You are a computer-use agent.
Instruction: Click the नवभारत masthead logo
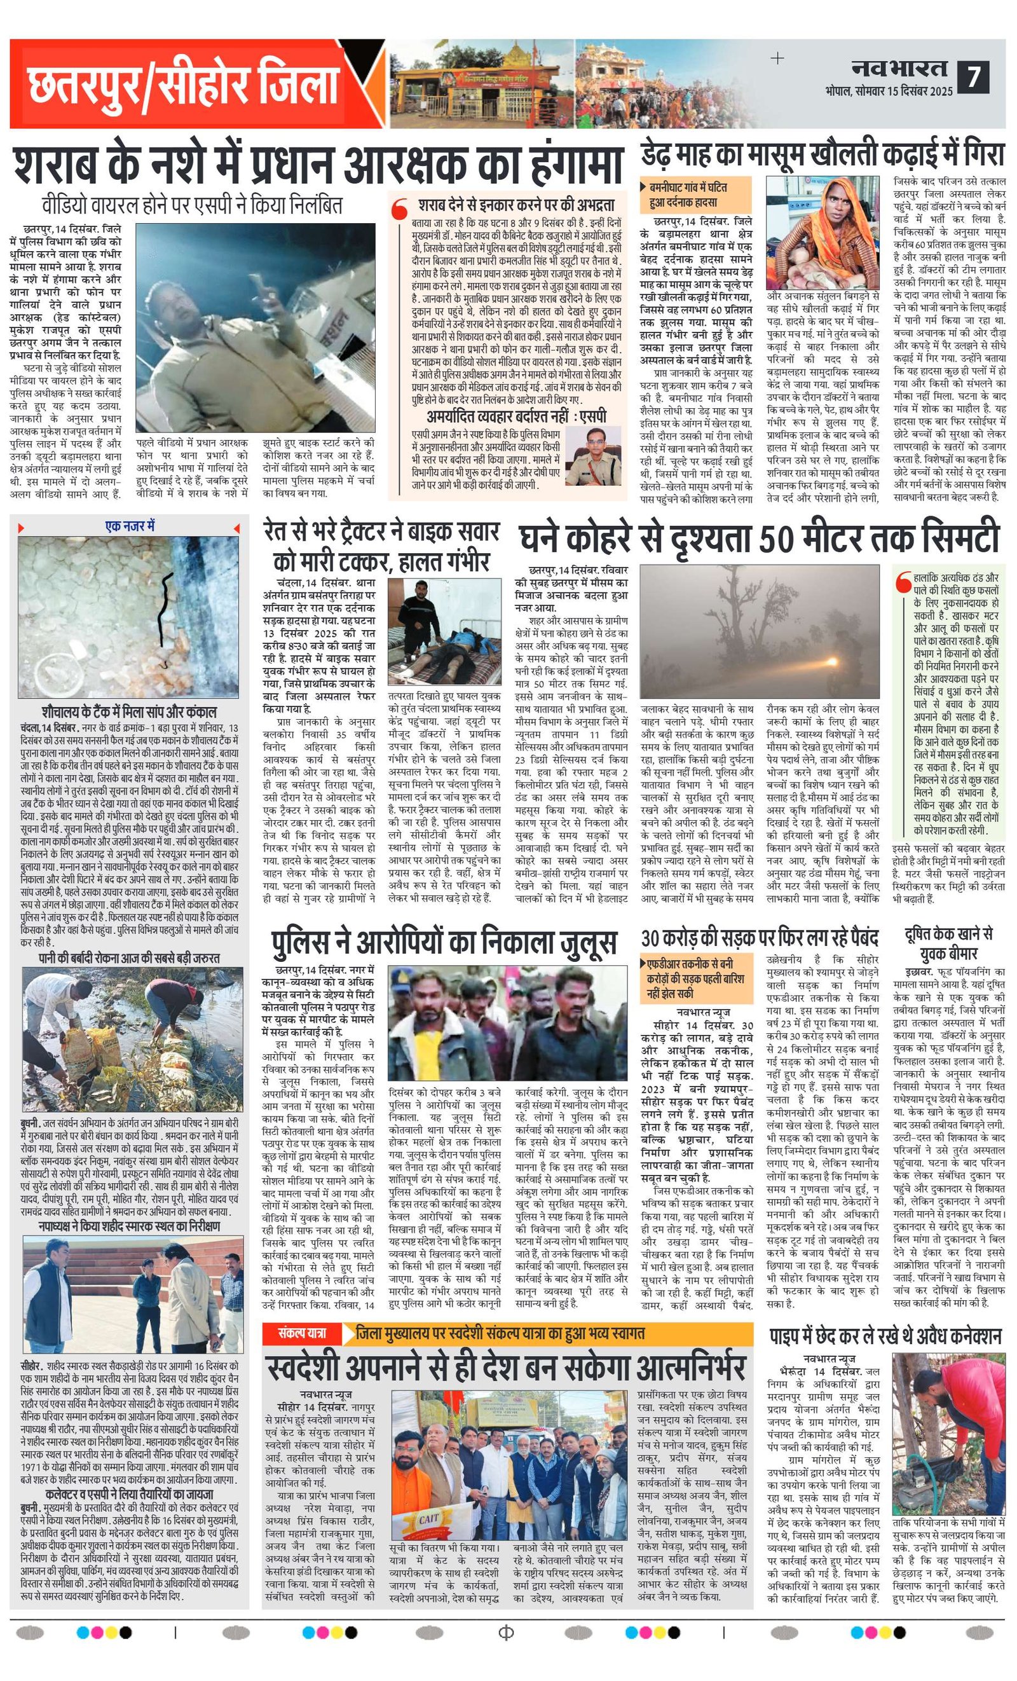click(x=899, y=69)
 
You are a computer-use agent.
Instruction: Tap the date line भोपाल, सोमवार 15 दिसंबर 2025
click(x=888, y=90)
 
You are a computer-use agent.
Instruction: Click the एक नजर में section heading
click(x=130, y=526)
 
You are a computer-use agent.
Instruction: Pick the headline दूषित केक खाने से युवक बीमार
click(x=949, y=943)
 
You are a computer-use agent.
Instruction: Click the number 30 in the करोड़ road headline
click(x=652, y=938)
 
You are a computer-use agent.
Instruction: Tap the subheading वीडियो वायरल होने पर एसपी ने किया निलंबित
click(x=192, y=205)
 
